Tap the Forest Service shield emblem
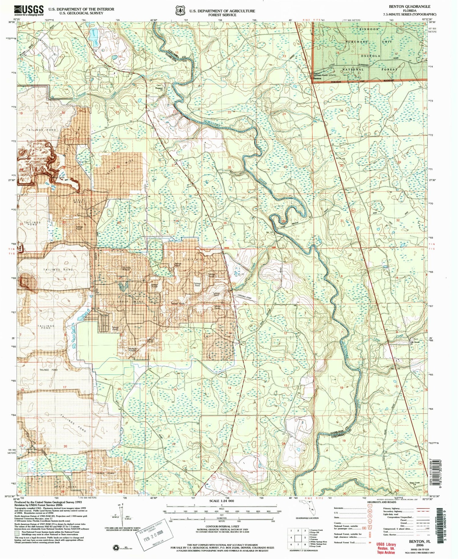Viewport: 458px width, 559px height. tap(180, 11)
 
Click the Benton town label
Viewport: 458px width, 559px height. tap(318, 79)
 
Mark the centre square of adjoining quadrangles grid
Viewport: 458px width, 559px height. tap(298, 538)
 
